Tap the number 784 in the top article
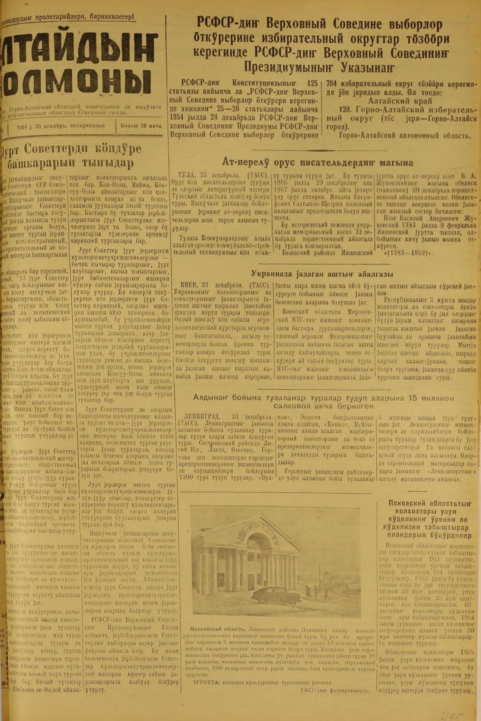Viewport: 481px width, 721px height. point(333,83)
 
